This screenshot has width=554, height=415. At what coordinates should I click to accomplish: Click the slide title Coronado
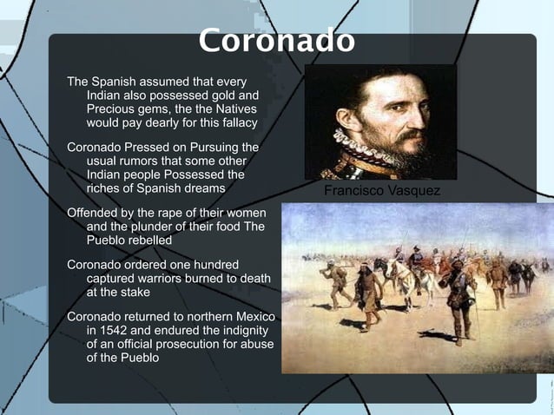click(x=276, y=41)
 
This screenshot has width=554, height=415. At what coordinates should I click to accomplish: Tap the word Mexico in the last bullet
click(x=254, y=316)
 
